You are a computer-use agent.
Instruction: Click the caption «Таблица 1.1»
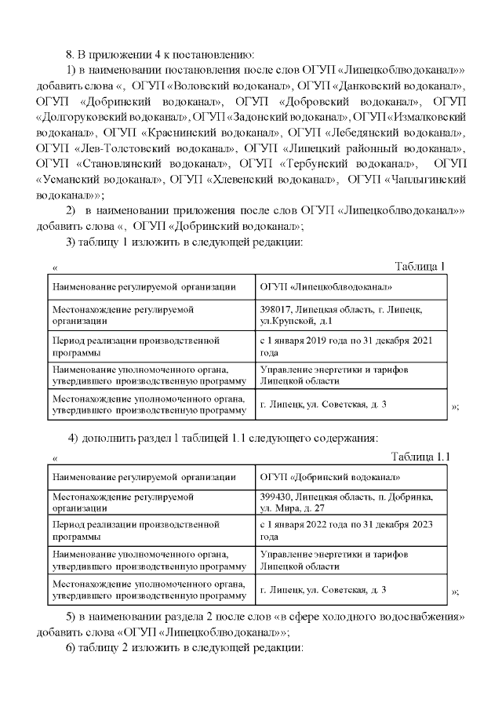pyautogui.click(x=420, y=457)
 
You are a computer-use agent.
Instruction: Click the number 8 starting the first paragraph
pyautogui.click(x=68, y=53)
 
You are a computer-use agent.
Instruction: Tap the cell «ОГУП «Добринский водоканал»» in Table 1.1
pyautogui.click(x=329, y=476)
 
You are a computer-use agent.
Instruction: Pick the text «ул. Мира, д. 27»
pyautogui.click(x=293, y=508)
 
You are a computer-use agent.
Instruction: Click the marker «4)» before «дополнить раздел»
pyautogui.click(x=72, y=437)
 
